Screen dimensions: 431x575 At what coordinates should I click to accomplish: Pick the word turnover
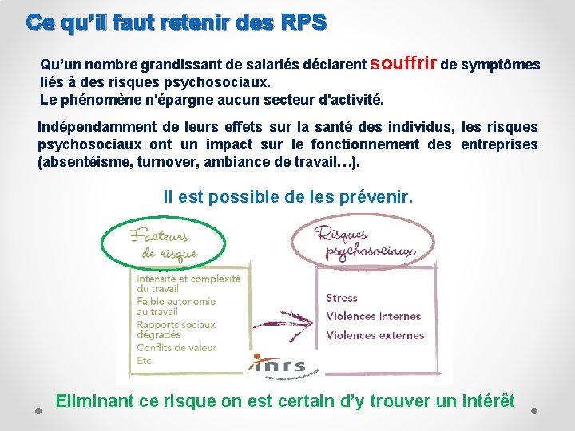tap(166, 162)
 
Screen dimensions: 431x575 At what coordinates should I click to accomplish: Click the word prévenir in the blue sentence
tap(373, 196)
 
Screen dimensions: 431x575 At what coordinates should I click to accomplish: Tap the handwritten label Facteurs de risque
tap(165, 243)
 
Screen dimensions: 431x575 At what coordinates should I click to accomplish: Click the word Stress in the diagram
tap(342, 298)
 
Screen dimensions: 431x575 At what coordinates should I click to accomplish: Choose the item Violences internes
tap(373, 316)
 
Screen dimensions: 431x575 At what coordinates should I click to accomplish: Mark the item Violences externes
tap(375, 335)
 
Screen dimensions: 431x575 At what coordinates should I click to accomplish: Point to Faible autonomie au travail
tap(175, 306)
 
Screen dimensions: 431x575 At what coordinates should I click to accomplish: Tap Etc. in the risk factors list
tap(145, 361)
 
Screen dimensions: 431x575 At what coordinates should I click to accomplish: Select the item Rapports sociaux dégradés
tap(175, 330)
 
